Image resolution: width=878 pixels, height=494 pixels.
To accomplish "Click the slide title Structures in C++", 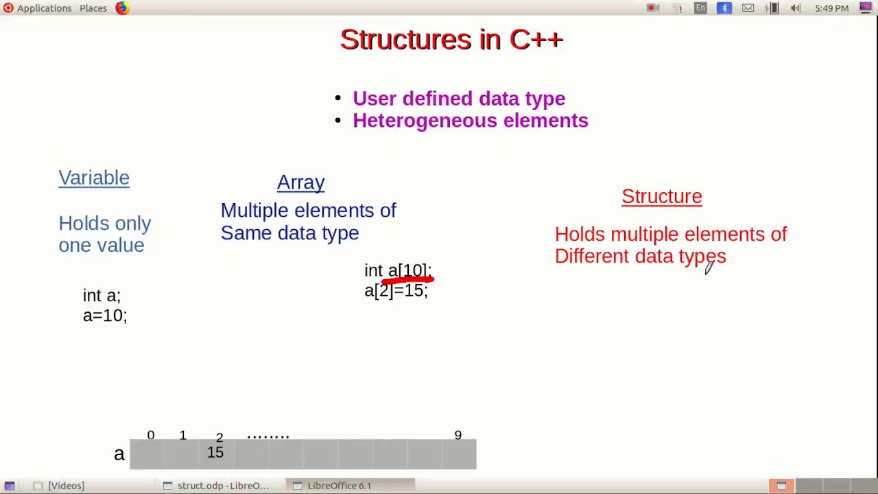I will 451,40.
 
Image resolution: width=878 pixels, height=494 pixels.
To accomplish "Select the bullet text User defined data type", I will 459,99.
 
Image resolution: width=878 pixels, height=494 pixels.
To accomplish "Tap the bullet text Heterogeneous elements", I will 470,121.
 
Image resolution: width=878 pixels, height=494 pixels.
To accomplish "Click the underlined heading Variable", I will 94,178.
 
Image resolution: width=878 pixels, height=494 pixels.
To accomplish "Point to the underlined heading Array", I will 300,183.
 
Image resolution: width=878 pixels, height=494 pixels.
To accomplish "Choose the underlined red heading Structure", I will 661,197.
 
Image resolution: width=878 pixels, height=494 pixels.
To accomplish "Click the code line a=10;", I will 105,316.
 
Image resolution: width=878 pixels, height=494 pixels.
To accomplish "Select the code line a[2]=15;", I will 396,291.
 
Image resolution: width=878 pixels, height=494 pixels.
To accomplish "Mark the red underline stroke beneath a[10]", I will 407,279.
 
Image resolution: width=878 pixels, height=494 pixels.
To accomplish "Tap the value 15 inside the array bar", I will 215,452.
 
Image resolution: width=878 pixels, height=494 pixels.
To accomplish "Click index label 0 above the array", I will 151,436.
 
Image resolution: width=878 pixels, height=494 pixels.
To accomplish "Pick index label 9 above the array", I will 458,436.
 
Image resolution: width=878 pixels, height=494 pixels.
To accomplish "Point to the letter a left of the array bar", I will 119,454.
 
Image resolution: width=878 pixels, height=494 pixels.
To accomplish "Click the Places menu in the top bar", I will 93,8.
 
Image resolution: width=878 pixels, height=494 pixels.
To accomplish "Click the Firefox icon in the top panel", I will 122,8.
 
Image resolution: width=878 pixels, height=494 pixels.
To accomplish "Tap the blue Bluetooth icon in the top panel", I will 724,8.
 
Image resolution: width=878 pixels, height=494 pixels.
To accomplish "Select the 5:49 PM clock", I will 831,8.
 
